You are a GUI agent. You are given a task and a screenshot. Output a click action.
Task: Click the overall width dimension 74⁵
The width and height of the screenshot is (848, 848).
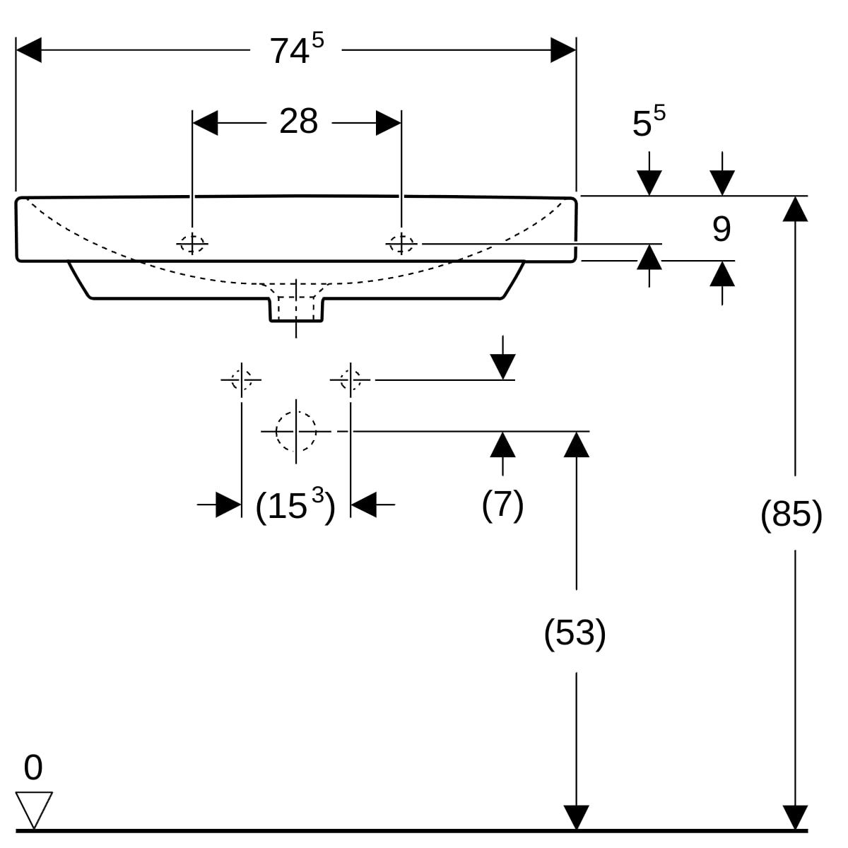tap(296, 50)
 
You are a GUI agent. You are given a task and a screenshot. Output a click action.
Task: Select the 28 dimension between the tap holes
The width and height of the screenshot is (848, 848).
tap(298, 122)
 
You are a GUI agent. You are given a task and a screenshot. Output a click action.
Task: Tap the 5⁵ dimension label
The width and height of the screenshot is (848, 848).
tap(648, 122)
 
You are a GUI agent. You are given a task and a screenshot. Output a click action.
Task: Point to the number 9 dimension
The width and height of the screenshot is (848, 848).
tap(721, 229)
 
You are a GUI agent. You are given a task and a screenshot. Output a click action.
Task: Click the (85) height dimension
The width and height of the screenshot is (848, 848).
tap(791, 514)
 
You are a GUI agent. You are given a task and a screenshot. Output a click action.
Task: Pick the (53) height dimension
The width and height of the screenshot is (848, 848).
tap(575, 632)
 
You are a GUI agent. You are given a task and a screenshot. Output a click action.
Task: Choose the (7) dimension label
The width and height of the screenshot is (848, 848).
tap(502, 505)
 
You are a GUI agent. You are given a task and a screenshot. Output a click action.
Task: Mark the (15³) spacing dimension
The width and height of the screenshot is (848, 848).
tap(295, 505)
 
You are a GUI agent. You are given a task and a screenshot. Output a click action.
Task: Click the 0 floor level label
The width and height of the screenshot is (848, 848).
tap(33, 768)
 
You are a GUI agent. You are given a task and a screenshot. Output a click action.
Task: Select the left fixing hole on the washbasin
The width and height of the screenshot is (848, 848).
tap(192, 244)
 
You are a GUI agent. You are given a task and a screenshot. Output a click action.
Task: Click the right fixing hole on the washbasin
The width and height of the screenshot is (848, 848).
tap(401, 244)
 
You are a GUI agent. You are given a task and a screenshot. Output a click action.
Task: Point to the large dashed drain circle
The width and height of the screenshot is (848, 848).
tap(296, 431)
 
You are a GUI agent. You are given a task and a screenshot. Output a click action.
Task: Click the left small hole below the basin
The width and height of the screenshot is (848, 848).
tap(242, 379)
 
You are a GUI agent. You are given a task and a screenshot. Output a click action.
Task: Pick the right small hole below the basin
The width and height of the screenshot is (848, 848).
tap(351, 379)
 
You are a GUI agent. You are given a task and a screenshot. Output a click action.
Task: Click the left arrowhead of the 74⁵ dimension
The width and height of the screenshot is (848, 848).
tap(28, 50)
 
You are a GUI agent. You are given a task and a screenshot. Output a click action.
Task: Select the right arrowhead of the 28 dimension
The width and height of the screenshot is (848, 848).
tap(389, 123)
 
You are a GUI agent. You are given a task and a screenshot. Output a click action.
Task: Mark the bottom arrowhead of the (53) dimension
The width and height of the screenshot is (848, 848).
tap(577, 818)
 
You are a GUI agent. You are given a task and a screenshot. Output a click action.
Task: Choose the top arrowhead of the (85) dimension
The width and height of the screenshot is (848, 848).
tap(795, 209)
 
